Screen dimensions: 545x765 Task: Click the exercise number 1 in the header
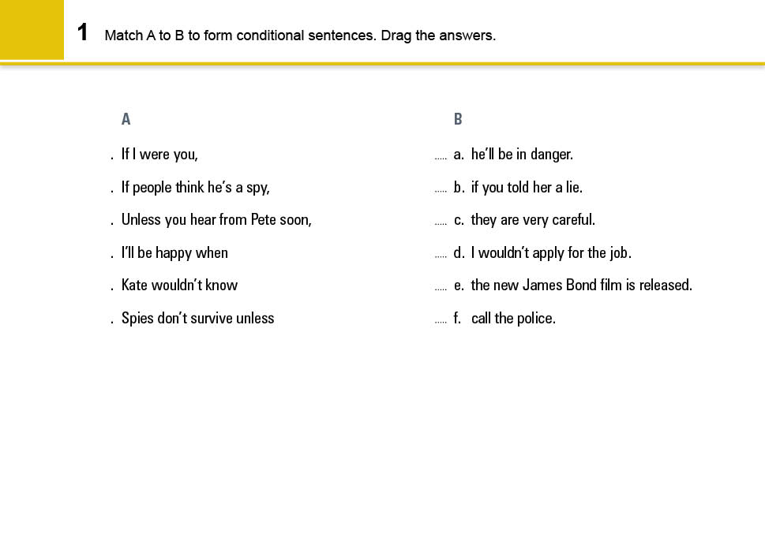tap(82, 32)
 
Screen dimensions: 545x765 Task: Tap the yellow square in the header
tap(32, 30)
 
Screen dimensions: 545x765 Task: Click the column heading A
tap(126, 120)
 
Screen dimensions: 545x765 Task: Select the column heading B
tap(458, 120)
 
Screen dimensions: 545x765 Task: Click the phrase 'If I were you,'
tap(159, 155)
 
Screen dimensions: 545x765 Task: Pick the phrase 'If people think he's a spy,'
tap(195, 188)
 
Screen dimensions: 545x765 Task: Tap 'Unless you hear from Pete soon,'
tap(216, 220)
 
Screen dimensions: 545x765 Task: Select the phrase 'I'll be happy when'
tap(174, 253)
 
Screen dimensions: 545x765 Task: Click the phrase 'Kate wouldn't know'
tap(179, 286)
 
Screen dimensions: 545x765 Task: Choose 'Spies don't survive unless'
tap(197, 319)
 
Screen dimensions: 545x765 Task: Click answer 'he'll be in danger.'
tap(522, 155)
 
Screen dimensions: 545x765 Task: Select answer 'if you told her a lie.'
tap(527, 188)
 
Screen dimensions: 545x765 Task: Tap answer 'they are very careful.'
tap(533, 220)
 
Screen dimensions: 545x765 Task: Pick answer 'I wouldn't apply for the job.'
tap(551, 253)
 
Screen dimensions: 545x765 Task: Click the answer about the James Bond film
tap(581, 286)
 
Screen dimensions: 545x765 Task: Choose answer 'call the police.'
tap(513, 319)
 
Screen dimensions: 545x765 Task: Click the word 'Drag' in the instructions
tap(396, 35)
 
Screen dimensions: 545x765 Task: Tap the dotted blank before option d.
tap(441, 256)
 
